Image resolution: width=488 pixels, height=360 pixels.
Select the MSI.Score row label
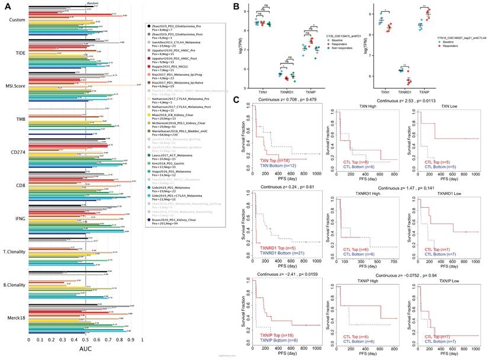[x=13, y=86]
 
